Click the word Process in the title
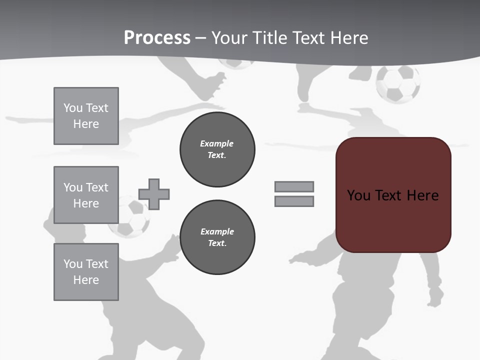pos(157,37)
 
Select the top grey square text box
pos(86,116)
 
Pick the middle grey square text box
pos(86,195)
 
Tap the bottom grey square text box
pos(86,272)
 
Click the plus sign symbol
pos(154,194)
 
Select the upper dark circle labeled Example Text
pos(217,149)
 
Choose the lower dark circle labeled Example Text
pos(217,237)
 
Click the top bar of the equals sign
pos(294,186)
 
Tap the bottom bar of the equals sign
pos(294,201)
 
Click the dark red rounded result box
pos(393,220)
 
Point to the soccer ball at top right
pos(398,83)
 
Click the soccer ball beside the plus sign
pos(129,217)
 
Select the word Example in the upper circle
pos(216,143)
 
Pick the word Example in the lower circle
pos(217,231)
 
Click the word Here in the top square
pos(86,124)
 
